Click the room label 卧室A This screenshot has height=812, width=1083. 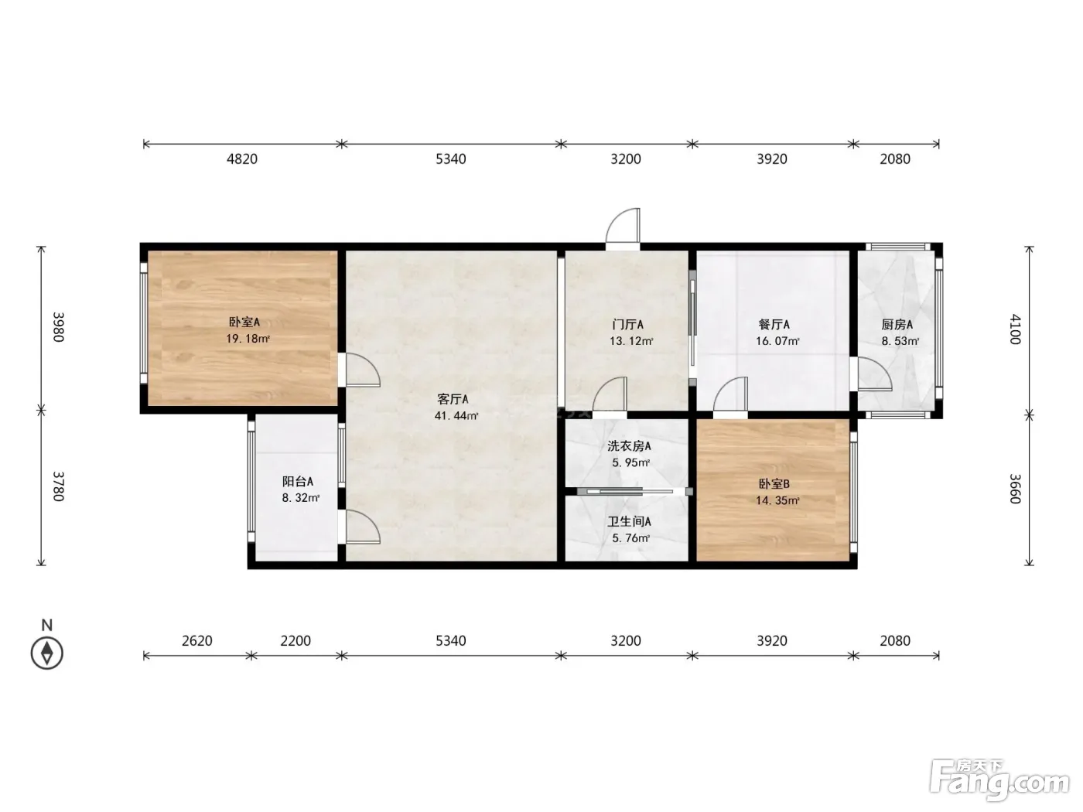(x=244, y=322)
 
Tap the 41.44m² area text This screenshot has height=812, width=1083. (x=456, y=415)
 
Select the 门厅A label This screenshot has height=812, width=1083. (x=627, y=324)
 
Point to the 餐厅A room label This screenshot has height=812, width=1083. (x=774, y=324)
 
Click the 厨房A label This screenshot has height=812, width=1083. (x=897, y=324)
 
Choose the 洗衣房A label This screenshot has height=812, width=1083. (x=629, y=446)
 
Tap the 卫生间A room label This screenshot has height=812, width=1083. (x=629, y=521)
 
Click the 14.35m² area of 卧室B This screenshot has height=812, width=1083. (x=777, y=500)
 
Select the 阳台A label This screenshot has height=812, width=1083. (x=298, y=481)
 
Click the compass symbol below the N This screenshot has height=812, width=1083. (x=47, y=653)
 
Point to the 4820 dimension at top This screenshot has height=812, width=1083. (x=242, y=159)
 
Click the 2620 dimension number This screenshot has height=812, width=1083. (x=196, y=640)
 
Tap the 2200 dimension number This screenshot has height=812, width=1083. (x=295, y=640)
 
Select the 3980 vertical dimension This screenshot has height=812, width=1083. (x=59, y=327)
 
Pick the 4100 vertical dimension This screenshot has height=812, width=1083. (x=1015, y=329)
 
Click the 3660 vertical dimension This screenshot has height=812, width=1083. (x=1015, y=489)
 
